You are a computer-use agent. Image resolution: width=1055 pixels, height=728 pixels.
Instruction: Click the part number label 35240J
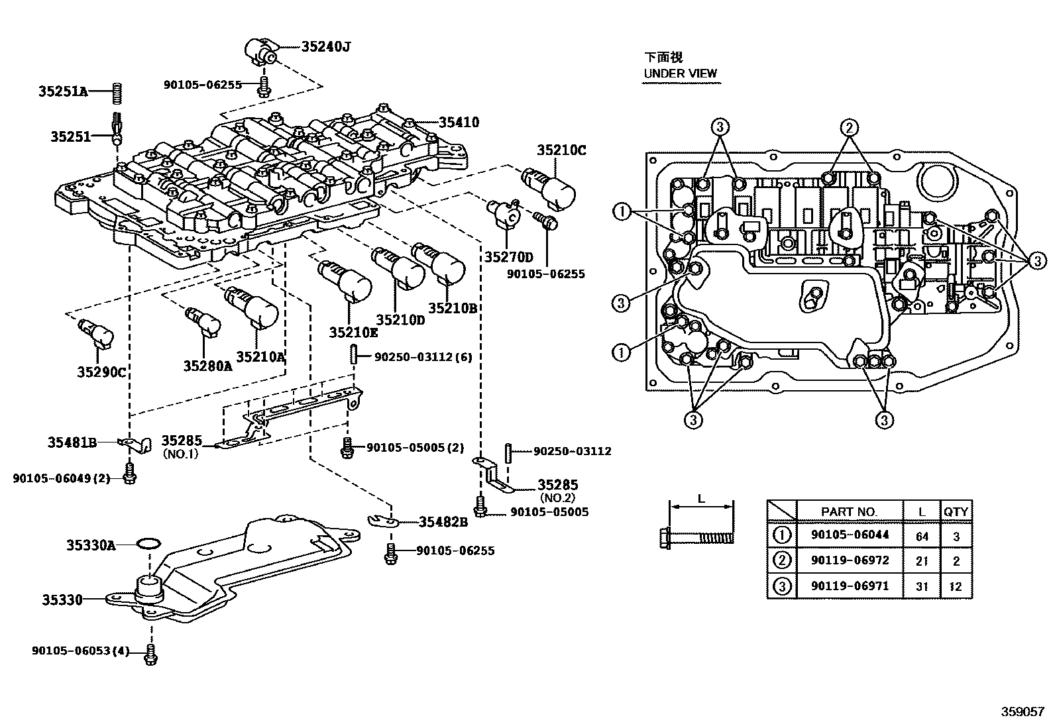coord(325,46)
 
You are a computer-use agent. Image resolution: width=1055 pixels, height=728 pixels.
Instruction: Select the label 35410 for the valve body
coord(458,122)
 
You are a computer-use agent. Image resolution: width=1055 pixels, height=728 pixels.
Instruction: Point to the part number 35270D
coord(508,257)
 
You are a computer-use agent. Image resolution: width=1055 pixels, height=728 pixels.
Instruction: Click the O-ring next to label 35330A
coord(148,544)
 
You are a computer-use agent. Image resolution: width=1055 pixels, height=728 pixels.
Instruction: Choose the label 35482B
coord(443,522)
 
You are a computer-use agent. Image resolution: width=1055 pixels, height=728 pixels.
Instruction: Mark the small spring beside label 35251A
coord(116,92)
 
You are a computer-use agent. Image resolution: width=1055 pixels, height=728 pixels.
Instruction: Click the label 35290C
coord(101,372)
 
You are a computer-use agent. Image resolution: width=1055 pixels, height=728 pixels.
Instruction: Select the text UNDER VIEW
coord(681,74)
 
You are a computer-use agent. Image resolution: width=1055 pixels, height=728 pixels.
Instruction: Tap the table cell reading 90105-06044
coord(850,535)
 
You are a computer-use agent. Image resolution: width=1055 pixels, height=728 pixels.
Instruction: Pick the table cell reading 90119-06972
coord(850,560)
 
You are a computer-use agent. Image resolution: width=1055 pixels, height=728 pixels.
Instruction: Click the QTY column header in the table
coord(956,511)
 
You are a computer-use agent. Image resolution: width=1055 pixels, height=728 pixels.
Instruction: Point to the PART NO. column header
coord(849,511)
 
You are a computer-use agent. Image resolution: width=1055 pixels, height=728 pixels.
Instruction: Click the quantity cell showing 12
coord(956,587)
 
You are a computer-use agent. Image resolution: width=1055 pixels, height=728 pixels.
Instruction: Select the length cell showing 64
coord(922,536)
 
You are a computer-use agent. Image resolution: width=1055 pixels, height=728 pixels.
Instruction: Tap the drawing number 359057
coord(1026,712)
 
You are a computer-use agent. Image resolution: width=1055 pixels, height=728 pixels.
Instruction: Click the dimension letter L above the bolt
coord(701,499)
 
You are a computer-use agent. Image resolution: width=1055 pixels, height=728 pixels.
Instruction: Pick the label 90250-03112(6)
coord(423,357)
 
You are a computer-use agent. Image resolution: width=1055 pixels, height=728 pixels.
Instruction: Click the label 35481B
coord(72,442)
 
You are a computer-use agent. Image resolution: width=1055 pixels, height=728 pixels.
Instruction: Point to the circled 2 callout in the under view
coord(850,127)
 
